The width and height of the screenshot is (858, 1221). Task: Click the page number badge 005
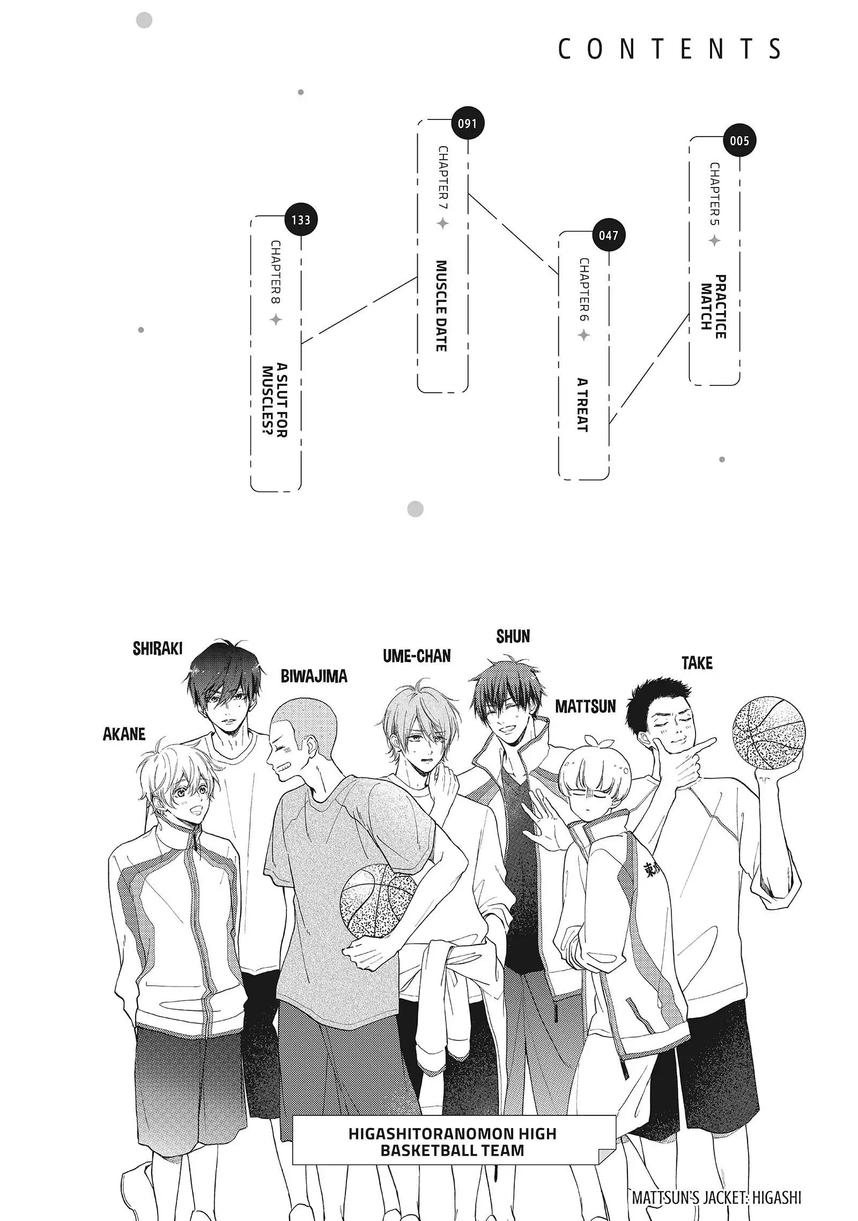point(739,141)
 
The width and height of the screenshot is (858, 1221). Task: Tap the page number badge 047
point(609,235)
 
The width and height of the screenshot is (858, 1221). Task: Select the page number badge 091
point(467,124)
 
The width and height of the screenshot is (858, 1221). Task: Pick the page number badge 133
point(301,220)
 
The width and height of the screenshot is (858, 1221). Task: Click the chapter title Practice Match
point(714,307)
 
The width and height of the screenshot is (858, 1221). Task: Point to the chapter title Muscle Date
point(441,306)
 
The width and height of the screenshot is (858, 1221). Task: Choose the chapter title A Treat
point(583,405)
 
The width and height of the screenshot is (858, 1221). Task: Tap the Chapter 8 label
point(276,272)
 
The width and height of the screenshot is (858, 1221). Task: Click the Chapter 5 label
point(715,194)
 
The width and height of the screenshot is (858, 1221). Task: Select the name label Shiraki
point(158,649)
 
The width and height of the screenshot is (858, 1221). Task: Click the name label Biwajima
point(314,676)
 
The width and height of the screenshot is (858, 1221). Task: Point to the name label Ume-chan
point(417,656)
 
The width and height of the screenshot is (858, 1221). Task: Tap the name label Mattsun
point(585,706)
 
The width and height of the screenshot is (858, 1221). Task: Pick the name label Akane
point(124,734)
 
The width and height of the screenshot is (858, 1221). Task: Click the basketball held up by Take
point(768,731)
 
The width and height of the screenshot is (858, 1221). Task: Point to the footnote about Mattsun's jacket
point(716,1198)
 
